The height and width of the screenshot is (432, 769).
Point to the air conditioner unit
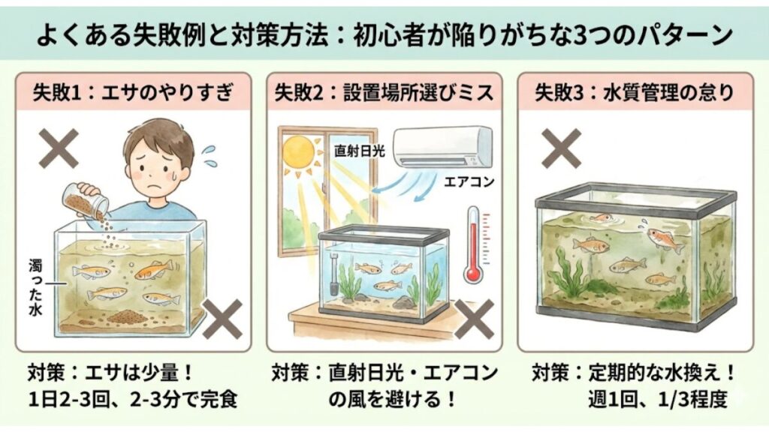click(x=443, y=145)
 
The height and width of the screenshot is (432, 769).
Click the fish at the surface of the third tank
click(x=602, y=218)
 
